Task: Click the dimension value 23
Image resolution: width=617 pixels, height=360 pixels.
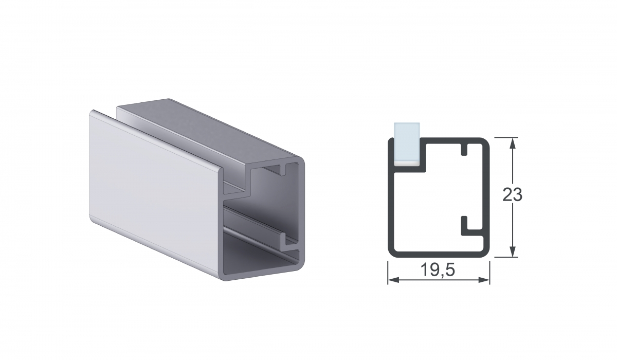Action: pos(512,195)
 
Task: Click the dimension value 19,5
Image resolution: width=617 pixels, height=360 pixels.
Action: pos(438,270)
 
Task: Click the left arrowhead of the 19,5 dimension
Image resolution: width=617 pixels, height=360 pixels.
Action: pos(393,280)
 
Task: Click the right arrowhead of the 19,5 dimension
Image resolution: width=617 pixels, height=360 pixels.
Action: pos(484,280)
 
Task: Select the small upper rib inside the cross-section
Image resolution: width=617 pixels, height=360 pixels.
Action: pos(464,149)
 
